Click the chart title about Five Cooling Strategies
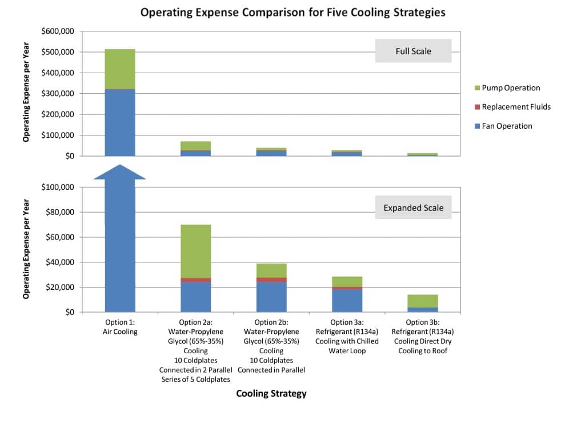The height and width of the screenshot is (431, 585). pos(292,12)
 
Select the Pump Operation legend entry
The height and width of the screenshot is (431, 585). pos(510,88)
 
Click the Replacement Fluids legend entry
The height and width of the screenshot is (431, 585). pos(516,107)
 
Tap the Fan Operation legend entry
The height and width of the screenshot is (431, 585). pos(506,126)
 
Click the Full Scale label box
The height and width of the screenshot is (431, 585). pos(413,51)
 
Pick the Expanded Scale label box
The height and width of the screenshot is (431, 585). pos(413,208)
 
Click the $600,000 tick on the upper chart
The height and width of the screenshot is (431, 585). pos(58,31)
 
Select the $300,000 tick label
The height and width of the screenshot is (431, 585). pos(58,94)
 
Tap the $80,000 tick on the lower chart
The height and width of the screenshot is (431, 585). pos(60,213)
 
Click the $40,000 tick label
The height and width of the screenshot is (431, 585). pos(60,262)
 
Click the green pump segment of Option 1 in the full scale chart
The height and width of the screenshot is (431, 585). pos(120,69)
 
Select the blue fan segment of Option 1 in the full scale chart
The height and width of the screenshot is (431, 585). pos(120,123)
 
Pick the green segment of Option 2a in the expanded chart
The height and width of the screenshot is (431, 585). pos(196,251)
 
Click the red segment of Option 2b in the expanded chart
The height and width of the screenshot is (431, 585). pos(271,280)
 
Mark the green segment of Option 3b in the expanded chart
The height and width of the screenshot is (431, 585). pos(423,301)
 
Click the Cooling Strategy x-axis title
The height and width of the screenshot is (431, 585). pos(271,393)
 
